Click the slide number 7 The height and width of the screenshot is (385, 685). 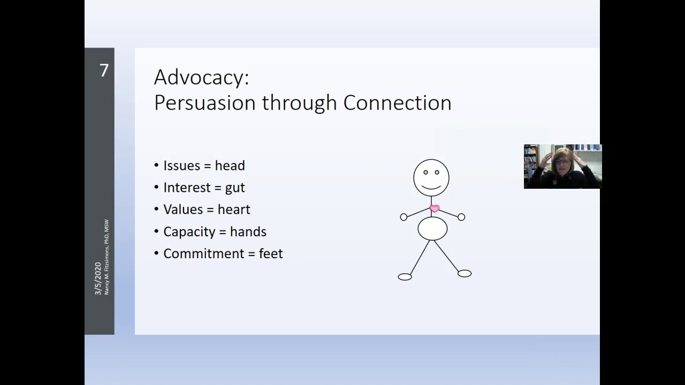104,71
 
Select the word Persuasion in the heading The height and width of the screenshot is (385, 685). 205,103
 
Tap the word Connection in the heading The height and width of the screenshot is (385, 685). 397,103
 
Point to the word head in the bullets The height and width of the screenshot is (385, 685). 230,166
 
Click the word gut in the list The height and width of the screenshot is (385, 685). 235,188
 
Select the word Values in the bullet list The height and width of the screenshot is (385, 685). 183,210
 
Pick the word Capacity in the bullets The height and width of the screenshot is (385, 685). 189,232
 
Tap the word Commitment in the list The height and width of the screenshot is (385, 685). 204,253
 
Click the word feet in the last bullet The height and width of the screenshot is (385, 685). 271,253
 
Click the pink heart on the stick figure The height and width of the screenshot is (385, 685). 435,209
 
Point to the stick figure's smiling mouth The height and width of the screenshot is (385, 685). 431,187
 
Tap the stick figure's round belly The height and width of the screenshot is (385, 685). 432,228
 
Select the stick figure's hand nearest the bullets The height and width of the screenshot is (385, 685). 404,217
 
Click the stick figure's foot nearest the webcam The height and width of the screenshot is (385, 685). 465,273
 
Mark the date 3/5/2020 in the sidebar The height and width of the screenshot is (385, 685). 98,279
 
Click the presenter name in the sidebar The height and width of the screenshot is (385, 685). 106,257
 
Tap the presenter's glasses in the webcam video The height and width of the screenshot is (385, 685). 562,161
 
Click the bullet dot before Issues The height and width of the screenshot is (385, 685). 157,165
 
